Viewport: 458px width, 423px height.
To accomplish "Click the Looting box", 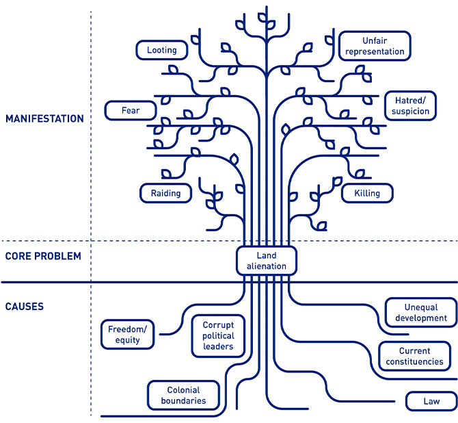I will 162,50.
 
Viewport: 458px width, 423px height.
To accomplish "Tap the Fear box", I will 130,110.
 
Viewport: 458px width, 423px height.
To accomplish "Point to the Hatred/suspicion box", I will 412,105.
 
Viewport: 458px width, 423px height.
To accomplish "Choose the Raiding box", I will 165,193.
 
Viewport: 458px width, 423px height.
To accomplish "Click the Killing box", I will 366,193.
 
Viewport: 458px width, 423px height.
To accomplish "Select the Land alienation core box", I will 266,261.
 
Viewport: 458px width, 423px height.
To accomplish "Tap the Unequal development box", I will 420,313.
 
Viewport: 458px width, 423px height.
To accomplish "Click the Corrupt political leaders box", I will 218,336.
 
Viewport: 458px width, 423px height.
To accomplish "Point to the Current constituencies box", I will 414,357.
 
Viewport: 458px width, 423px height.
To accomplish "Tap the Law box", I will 431,401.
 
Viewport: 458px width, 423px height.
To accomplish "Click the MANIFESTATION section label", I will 44,118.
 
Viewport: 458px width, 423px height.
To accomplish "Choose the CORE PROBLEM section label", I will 43,257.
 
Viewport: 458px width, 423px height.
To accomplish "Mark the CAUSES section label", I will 25,307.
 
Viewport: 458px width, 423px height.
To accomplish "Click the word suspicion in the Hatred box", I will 412,111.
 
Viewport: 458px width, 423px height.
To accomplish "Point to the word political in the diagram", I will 218,336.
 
